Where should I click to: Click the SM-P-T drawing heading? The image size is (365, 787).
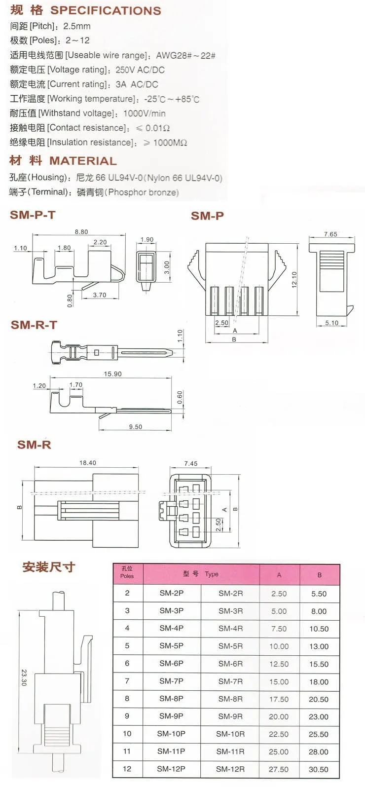click(x=33, y=215)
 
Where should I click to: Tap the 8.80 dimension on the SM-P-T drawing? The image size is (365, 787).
click(x=81, y=232)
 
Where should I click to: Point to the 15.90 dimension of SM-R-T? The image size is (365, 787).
click(x=112, y=374)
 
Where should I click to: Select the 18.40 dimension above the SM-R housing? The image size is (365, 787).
click(x=87, y=463)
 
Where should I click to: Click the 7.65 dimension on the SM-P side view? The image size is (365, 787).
click(x=330, y=234)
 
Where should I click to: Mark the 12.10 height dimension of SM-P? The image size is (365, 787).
click(x=294, y=280)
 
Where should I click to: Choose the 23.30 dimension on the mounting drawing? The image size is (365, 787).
click(x=24, y=677)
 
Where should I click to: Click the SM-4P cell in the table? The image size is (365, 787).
click(x=172, y=628)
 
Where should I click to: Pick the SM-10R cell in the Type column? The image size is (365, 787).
click(x=230, y=734)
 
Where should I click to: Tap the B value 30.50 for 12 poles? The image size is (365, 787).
click(x=319, y=769)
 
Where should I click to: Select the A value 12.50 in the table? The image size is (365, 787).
click(x=279, y=664)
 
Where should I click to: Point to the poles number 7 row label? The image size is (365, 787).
click(x=127, y=681)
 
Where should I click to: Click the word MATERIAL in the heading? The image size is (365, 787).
click(x=83, y=161)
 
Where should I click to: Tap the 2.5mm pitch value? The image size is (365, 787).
click(x=77, y=26)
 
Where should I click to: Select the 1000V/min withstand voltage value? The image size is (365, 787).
click(x=145, y=113)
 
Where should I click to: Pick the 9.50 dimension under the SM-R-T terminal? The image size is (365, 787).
click(x=136, y=427)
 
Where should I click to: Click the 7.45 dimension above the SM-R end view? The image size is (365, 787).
click(x=191, y=463)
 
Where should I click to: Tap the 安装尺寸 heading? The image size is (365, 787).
click(x=48, y=567)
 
